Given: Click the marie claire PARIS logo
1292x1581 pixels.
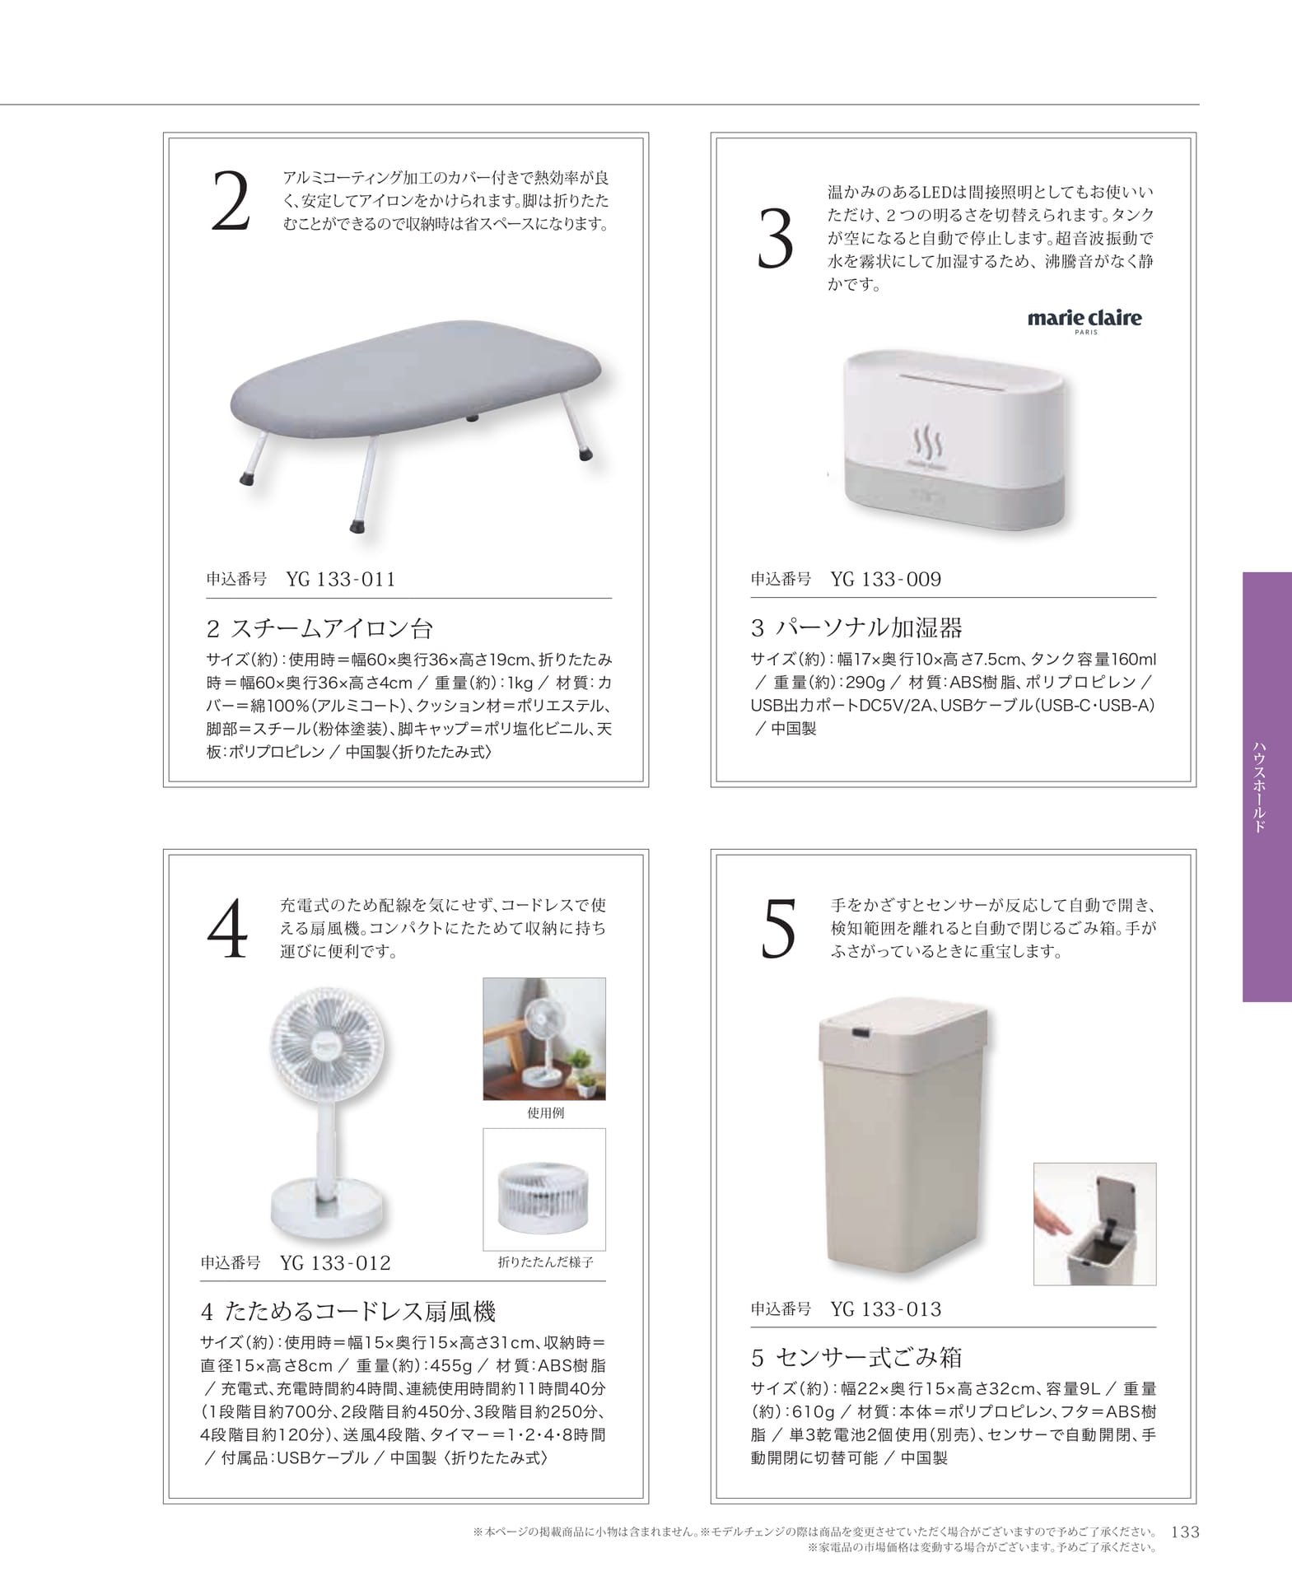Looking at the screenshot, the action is point(1084,320).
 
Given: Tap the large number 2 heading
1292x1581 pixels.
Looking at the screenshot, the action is point(230,202).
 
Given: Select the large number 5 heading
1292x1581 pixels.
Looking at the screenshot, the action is point(778,930).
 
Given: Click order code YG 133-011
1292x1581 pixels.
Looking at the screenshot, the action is point(341,579).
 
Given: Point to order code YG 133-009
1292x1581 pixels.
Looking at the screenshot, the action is point(885,579).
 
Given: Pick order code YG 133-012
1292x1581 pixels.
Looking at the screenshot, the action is point(335,1262).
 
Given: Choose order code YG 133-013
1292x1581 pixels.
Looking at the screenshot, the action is point(885,1308).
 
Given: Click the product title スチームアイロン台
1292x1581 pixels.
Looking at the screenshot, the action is point(331,628).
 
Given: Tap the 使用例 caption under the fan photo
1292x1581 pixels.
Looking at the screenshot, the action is point(545,1112).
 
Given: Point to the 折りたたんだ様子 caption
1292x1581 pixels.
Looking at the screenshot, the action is point(545,1262).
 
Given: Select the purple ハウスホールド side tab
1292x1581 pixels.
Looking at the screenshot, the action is point(1267,786).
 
